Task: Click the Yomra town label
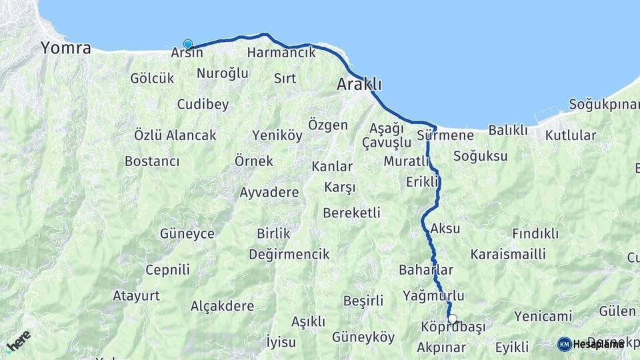[65, 48]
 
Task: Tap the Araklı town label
[359, 85]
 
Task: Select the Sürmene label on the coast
[445, 136]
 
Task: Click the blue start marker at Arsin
[188, 45]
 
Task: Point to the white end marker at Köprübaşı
[453, 319]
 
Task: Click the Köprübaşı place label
[453, 327]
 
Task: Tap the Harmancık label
[281, 53]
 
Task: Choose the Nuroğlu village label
[223, 73]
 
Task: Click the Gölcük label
[152, 79]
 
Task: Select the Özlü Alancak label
[175, 135]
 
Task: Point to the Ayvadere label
[269, 193]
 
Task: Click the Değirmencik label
[289, 255]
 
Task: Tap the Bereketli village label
[351, 213]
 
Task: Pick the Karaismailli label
[508, 254]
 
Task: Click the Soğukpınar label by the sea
[604, 105]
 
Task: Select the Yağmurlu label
[433, 295]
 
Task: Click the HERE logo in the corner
[18, 341]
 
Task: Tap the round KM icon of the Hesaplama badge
[564, 344]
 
